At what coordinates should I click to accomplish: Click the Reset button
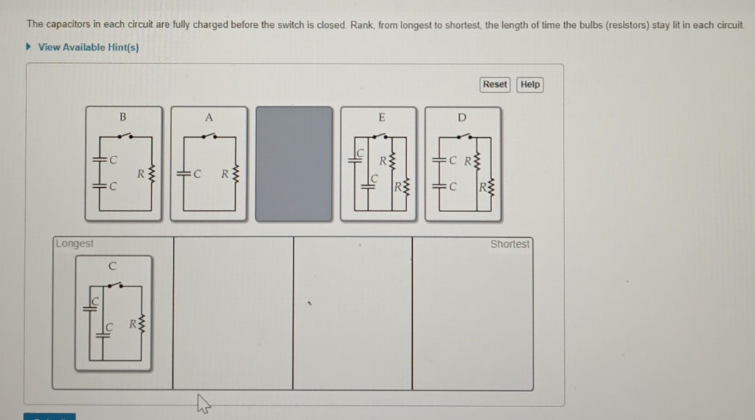(x=495, y=84)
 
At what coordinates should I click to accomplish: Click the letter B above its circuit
(x=123, y=117)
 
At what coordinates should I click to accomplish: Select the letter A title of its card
(x=209, y=118)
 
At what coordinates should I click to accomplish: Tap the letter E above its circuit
(x=382, y=118)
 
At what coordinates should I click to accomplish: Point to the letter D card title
(x=461, y=118)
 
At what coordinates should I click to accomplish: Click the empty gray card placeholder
(x=294, y=164)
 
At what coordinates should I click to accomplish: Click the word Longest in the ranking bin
(x=74, y=244)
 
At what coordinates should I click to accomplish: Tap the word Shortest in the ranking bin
(x=510, y=244)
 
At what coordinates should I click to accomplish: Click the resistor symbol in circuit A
(x=236, y=174)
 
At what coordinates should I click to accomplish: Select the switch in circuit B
(x=125, y=135)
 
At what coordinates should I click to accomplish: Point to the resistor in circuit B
(x=151, y=174)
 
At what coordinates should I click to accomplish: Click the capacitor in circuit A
(x=184, y=174)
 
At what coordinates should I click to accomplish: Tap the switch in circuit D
(x=465, y=136)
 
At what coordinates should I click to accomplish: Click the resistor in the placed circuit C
(x=141, y=324)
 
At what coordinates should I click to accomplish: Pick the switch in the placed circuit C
(x=114, y=285)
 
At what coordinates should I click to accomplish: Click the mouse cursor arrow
(x=203, y=404)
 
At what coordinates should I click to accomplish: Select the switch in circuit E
(x=379, y=136)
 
